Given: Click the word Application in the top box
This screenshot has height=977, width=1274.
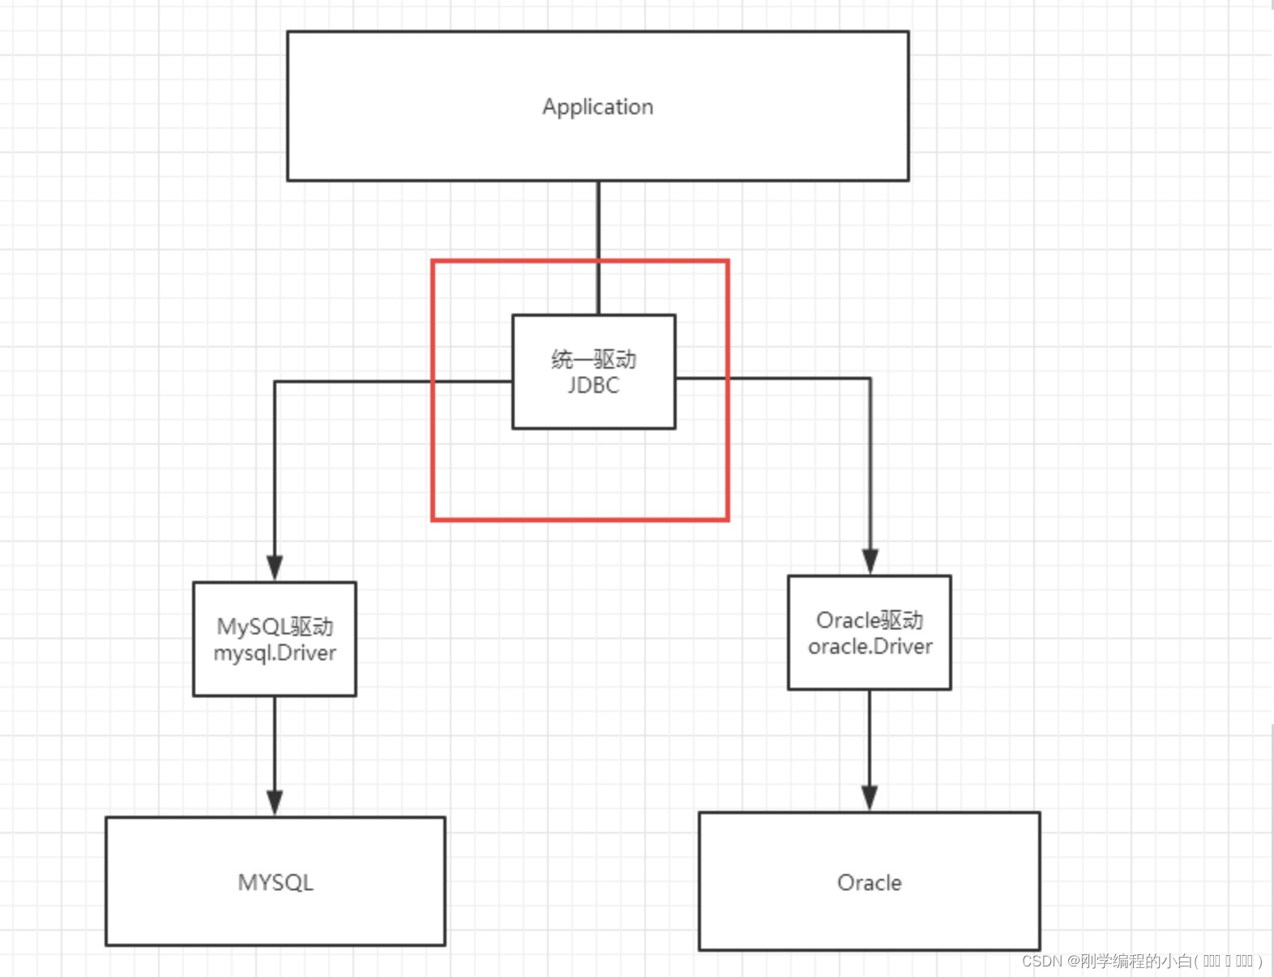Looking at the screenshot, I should pyautogui.click(x=597, y=107).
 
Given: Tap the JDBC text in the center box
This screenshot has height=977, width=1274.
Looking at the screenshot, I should pyautogui.click(x=593, y=386).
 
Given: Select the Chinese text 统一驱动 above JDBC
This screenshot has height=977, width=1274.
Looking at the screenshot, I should pyautogui.click(x=593, y=359).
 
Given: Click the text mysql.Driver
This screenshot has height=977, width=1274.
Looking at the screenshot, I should pyautogui.click(x=275, y=653).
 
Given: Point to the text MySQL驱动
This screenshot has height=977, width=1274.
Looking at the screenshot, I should pyautogui.click(x=275, y=626).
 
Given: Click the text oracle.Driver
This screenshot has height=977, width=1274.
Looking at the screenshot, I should pyautogui.click(x=870, y=646).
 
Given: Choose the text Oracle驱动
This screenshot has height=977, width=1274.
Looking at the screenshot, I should pyautogui.click(x=870, y=620).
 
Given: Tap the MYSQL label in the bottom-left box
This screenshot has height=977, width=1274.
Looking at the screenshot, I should pyautogui.click(x=276, y=882).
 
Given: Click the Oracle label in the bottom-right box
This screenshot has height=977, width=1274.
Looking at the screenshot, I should pyautogui.click(x=869, y=882).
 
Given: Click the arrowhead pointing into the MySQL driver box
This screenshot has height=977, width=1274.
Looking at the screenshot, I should pyautogui.click(x=275, y=567).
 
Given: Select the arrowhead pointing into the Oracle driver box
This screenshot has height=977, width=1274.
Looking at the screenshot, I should pyautogui.click(x=870, y=561).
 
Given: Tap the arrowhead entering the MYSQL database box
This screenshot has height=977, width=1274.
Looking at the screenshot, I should pyautogui.click(x=275, y=802).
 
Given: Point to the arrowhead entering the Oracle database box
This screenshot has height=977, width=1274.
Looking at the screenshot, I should pyautogui.click(x=870, y=797).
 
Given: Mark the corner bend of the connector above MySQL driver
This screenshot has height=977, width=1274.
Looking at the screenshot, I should pyautogui.click(x=276, y=382).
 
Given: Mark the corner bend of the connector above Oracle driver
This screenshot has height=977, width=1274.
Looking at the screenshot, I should pyautogui.click(x=870, y=378).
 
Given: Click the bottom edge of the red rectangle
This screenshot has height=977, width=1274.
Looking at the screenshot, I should pyautogui.click(x=580, y=519).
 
